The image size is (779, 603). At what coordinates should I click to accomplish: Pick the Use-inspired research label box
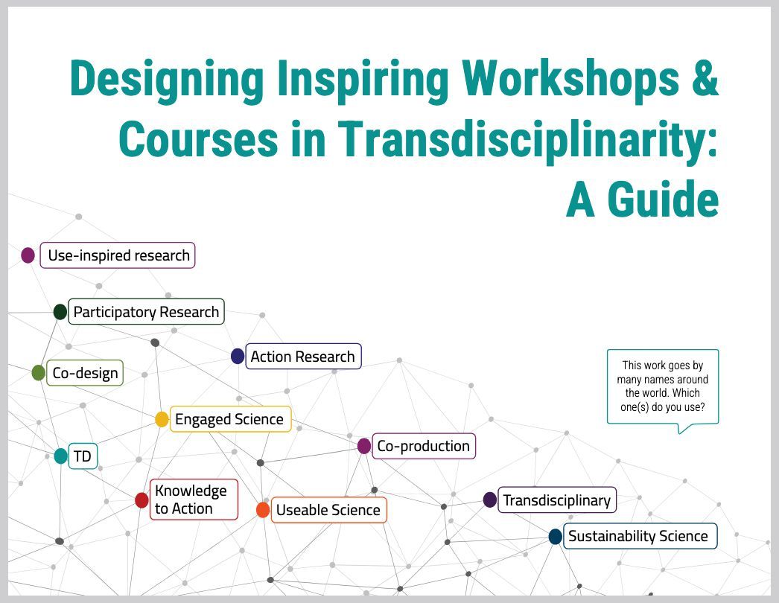(x=118, y=255)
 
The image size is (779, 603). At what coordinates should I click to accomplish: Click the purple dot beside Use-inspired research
(x=28, y=255)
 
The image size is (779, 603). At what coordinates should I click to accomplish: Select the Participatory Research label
(x=146, y=312)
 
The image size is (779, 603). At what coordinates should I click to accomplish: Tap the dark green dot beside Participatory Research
(x=60, y=312)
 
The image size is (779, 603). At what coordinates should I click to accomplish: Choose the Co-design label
(x=85, y=373)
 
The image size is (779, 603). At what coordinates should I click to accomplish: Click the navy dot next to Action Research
(x=238, y=357)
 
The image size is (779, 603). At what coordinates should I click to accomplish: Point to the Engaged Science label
(x=229, y=419)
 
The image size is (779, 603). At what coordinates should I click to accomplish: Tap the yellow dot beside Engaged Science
(x=162, y=419)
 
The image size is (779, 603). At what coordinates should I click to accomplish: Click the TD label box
(x=83, y=456)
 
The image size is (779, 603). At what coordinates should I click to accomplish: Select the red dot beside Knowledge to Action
(x=142, y=500)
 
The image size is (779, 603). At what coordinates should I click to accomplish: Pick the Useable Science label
(x=328, y=510)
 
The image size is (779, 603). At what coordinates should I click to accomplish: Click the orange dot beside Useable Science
(x=262, y=510)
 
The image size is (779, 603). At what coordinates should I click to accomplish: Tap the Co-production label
(x=423, y=446)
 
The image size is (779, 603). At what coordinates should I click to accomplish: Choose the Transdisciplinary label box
(x=556, y=500)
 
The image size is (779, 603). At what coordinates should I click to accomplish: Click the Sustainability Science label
(x=638, y=536)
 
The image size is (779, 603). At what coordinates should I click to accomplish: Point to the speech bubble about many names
(x=663, y=386)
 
